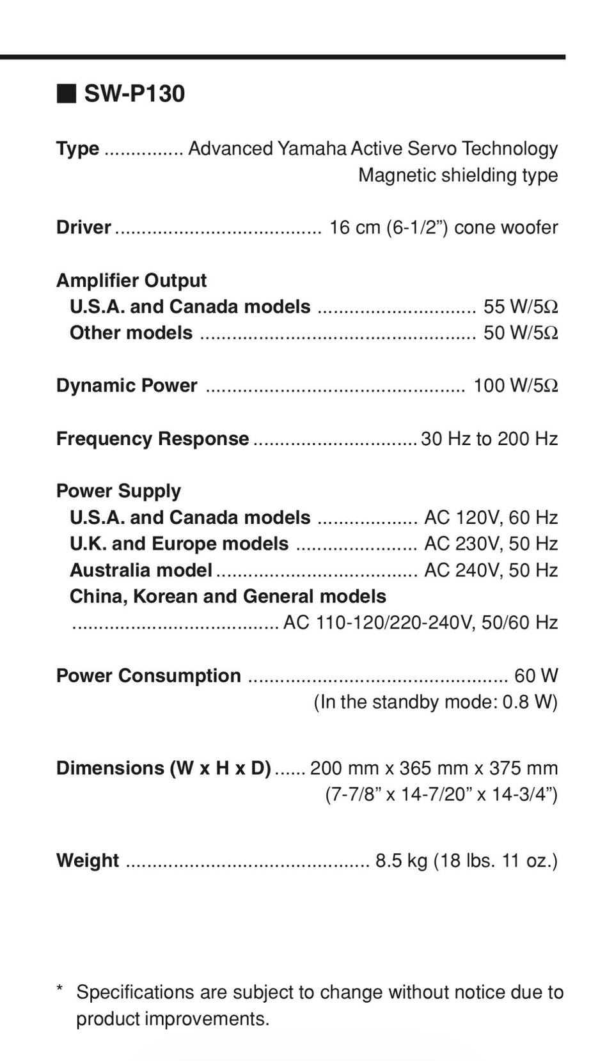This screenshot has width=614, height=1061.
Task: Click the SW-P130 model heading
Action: (134, 94)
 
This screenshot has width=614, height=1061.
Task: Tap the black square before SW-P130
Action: (66, 93)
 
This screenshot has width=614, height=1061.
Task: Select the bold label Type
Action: (77, 148)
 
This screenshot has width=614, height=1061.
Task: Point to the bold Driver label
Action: (83, 227)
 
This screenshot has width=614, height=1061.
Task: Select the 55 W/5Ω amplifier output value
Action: (520, 307)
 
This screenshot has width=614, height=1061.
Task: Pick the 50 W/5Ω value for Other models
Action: (520, 333)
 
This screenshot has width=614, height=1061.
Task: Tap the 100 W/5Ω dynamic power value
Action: (515, 386)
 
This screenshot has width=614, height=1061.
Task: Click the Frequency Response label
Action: (152, 439)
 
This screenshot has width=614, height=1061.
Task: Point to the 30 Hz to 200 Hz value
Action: (489, 439)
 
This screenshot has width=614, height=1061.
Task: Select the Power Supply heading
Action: (118, 491)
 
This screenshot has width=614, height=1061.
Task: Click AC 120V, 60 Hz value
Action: (491, 517)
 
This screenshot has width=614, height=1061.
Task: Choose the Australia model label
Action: (141, 570)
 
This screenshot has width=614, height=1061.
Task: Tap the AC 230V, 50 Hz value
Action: (491, 544)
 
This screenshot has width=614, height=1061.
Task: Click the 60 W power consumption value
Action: (536, 676)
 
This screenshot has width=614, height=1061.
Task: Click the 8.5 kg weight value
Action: (400, 861)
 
